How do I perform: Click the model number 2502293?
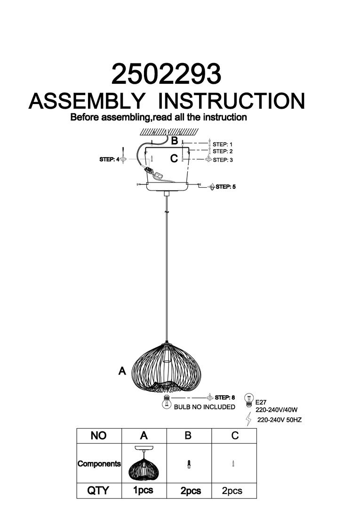pos(165,74)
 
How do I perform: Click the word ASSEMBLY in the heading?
pos(86,101)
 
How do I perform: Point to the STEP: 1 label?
pos(223,144)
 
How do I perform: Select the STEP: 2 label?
pos(223,151)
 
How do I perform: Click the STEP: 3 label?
pos(223,160)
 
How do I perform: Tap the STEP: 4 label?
pos(109,159)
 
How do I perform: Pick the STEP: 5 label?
pos(225,187)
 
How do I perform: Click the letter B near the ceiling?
pos(174,140)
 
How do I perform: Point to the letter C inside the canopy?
pos(174,159)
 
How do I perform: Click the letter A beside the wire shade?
pos(122,371)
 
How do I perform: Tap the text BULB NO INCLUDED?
pos(204,407)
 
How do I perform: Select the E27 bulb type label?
pos(261,403)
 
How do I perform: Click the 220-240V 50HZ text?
pos(280,420)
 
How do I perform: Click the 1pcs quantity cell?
pos(143,490)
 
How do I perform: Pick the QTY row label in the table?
pos(98,490)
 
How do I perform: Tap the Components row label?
pos(99,463)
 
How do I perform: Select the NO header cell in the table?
pos(98,436)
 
